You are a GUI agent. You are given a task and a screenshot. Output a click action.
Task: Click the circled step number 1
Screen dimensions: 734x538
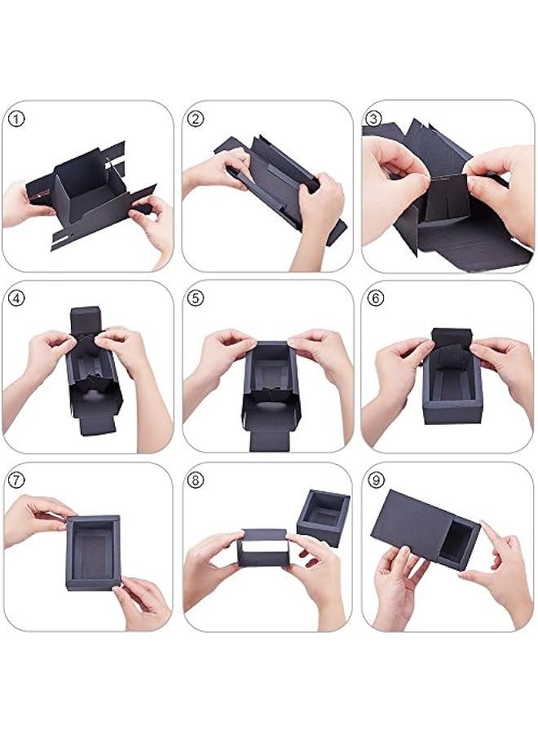pos(18,119)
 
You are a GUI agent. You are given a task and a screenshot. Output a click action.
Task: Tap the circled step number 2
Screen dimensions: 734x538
pos(195,119)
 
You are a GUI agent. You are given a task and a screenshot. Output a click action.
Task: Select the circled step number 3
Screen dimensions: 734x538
pos(374,119)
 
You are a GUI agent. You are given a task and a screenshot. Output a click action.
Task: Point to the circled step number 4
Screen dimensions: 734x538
pos(18,299)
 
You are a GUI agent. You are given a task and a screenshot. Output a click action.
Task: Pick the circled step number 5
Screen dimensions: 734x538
pos(195,299)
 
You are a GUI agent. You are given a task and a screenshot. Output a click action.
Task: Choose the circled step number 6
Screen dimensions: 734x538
pos(374,299)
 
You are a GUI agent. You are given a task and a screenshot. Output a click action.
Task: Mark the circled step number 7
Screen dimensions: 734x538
pos(18,480)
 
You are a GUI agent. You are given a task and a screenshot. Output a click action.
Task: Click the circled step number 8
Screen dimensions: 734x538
pos(195,480)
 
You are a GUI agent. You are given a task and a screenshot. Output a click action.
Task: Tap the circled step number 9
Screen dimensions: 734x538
pos(374,480)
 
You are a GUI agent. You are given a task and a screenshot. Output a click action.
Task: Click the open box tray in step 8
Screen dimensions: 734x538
pos(324,517)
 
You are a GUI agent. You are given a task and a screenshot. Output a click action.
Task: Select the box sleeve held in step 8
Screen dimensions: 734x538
pos(263,548)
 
